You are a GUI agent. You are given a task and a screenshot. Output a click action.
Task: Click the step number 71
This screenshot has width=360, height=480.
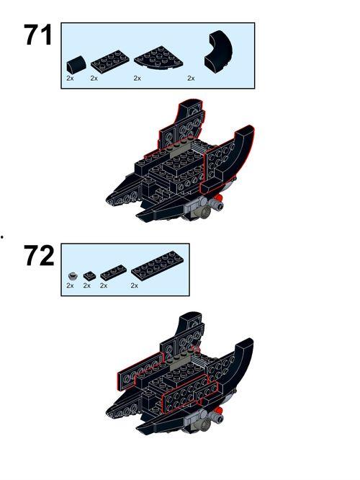(x=38, y=35)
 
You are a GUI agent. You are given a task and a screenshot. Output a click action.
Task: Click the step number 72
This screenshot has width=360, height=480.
(x=39, y=256)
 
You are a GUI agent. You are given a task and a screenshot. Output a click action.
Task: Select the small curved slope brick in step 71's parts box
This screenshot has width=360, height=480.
(x=75, y=64)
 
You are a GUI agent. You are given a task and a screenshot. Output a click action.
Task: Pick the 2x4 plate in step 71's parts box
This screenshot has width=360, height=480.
(x=110, y=60)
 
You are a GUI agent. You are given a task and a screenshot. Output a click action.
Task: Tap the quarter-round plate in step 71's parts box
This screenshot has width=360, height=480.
(x=158, y=56)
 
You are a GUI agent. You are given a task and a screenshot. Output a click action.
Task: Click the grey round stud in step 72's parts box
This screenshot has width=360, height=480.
(x=73, y=276)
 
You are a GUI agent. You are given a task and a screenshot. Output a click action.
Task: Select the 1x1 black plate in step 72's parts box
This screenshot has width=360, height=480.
(x=89, y=275)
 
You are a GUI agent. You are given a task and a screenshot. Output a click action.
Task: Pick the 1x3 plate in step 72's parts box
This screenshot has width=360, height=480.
(x=113, y=272)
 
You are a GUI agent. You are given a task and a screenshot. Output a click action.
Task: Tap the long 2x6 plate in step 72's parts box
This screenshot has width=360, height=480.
(x=158, y=266)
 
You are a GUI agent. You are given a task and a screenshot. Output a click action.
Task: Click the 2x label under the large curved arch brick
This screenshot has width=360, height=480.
(x=191, y=79)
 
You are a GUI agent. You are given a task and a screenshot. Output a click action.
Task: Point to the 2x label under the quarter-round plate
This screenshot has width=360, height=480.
(x=137, y=79)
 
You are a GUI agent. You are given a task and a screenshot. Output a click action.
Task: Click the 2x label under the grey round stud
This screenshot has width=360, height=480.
(x=70, y=285)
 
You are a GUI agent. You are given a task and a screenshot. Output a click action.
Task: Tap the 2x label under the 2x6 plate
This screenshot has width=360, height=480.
(x=134, y=285)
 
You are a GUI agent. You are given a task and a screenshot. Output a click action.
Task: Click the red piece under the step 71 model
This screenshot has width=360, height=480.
(x=217, y=197)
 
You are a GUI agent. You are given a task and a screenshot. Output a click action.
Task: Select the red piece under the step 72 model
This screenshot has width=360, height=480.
(x=217, y=410)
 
